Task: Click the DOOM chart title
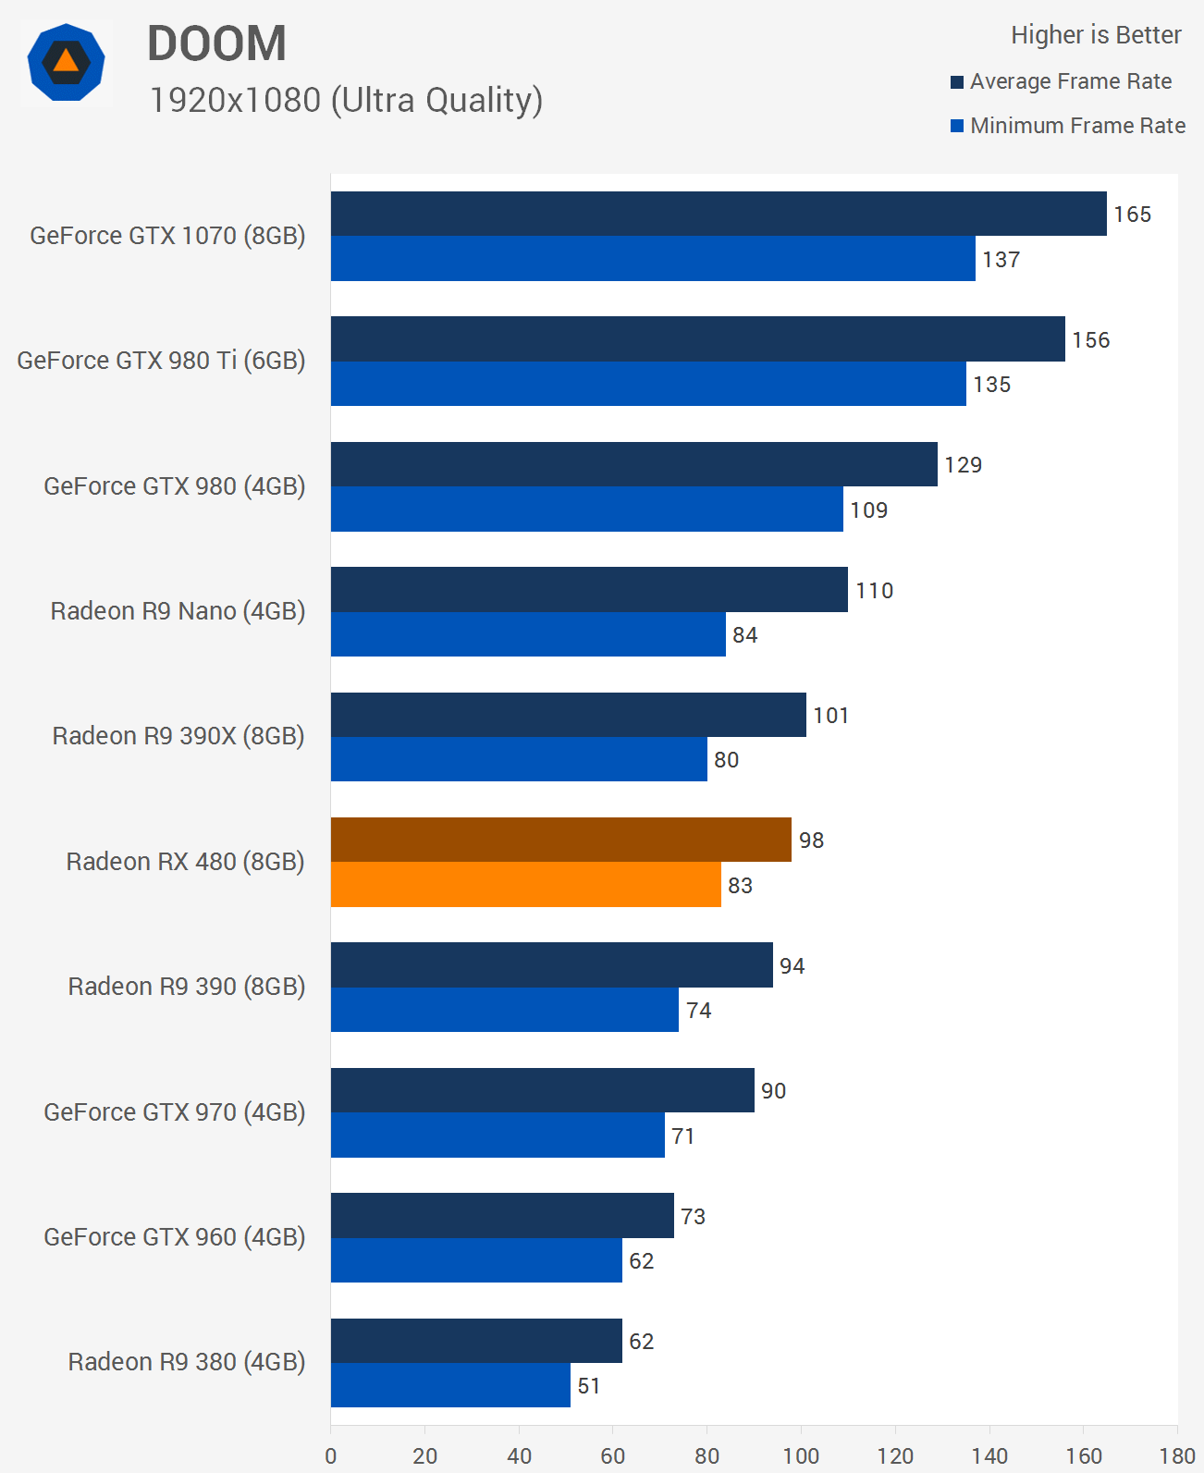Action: coord(217,43)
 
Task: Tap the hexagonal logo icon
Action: coord(66,63)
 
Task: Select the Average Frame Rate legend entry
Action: coord(1061,81)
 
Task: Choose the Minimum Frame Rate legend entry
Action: coord(1068,126)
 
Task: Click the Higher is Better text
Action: coord(1096,35)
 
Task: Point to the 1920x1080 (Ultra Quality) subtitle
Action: coord(346,100)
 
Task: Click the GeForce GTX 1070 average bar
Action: coord(719,214)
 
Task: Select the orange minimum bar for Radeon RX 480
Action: coord(525,885)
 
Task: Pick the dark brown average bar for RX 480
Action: coord(560,840)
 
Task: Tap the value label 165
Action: coord(1132,215)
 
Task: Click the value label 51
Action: coord(589,1386)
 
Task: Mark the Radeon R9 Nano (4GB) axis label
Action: coord(178,611)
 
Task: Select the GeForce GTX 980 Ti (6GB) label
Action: coord(161,361)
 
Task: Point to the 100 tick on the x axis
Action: coord(801,1456)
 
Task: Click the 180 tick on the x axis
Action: coord(1177,1456)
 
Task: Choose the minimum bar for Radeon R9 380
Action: coord(450,1385)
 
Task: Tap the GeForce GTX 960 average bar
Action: coord(502,1215)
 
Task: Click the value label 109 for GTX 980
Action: coord(869,510)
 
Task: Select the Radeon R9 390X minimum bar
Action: coord(519,759)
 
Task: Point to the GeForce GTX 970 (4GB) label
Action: coord(174,1111)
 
